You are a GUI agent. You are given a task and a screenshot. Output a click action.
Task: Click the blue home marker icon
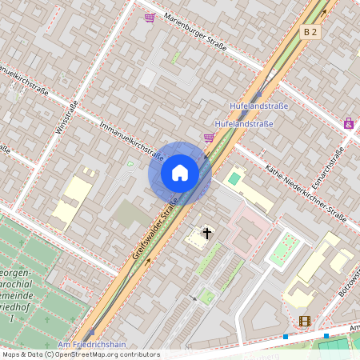coord(180,173)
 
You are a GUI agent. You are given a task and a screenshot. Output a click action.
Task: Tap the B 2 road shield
coord(310,32)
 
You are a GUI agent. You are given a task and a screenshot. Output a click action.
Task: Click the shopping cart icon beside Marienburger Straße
coord(150,18)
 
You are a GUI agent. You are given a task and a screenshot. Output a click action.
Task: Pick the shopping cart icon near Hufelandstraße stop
coord(209,138)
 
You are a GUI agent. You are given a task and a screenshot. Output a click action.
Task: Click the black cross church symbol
coord(207,234)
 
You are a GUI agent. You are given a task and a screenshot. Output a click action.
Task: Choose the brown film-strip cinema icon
coord(304,321)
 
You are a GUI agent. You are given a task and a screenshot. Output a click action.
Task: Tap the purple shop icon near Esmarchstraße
coord(348,123)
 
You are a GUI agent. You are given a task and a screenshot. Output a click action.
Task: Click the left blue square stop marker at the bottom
coord(286,337)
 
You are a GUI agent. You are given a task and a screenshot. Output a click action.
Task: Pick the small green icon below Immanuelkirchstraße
coord(130,165)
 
